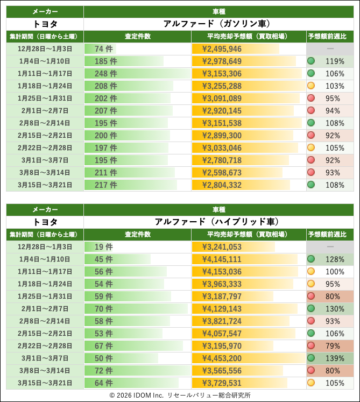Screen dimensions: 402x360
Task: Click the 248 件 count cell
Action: tap(105, 74)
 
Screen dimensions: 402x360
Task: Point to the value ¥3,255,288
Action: tap(222, 86)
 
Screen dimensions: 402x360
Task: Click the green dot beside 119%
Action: tap(311, 61)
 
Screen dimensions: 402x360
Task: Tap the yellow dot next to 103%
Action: tap(311, 86)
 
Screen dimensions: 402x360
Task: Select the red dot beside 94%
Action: tap(311, 110)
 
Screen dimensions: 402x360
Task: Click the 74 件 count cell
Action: tap(104, 49)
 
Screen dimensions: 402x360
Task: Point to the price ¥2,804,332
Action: tap(222, 185)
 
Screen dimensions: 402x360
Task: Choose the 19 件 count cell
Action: tap(104, 247)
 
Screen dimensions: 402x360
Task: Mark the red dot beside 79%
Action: tap(311, 345)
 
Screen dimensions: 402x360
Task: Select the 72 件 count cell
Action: tap(104, 370)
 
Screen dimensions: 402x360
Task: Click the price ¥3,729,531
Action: tap(222, 383)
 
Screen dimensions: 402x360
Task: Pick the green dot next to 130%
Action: tap(311, 308)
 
